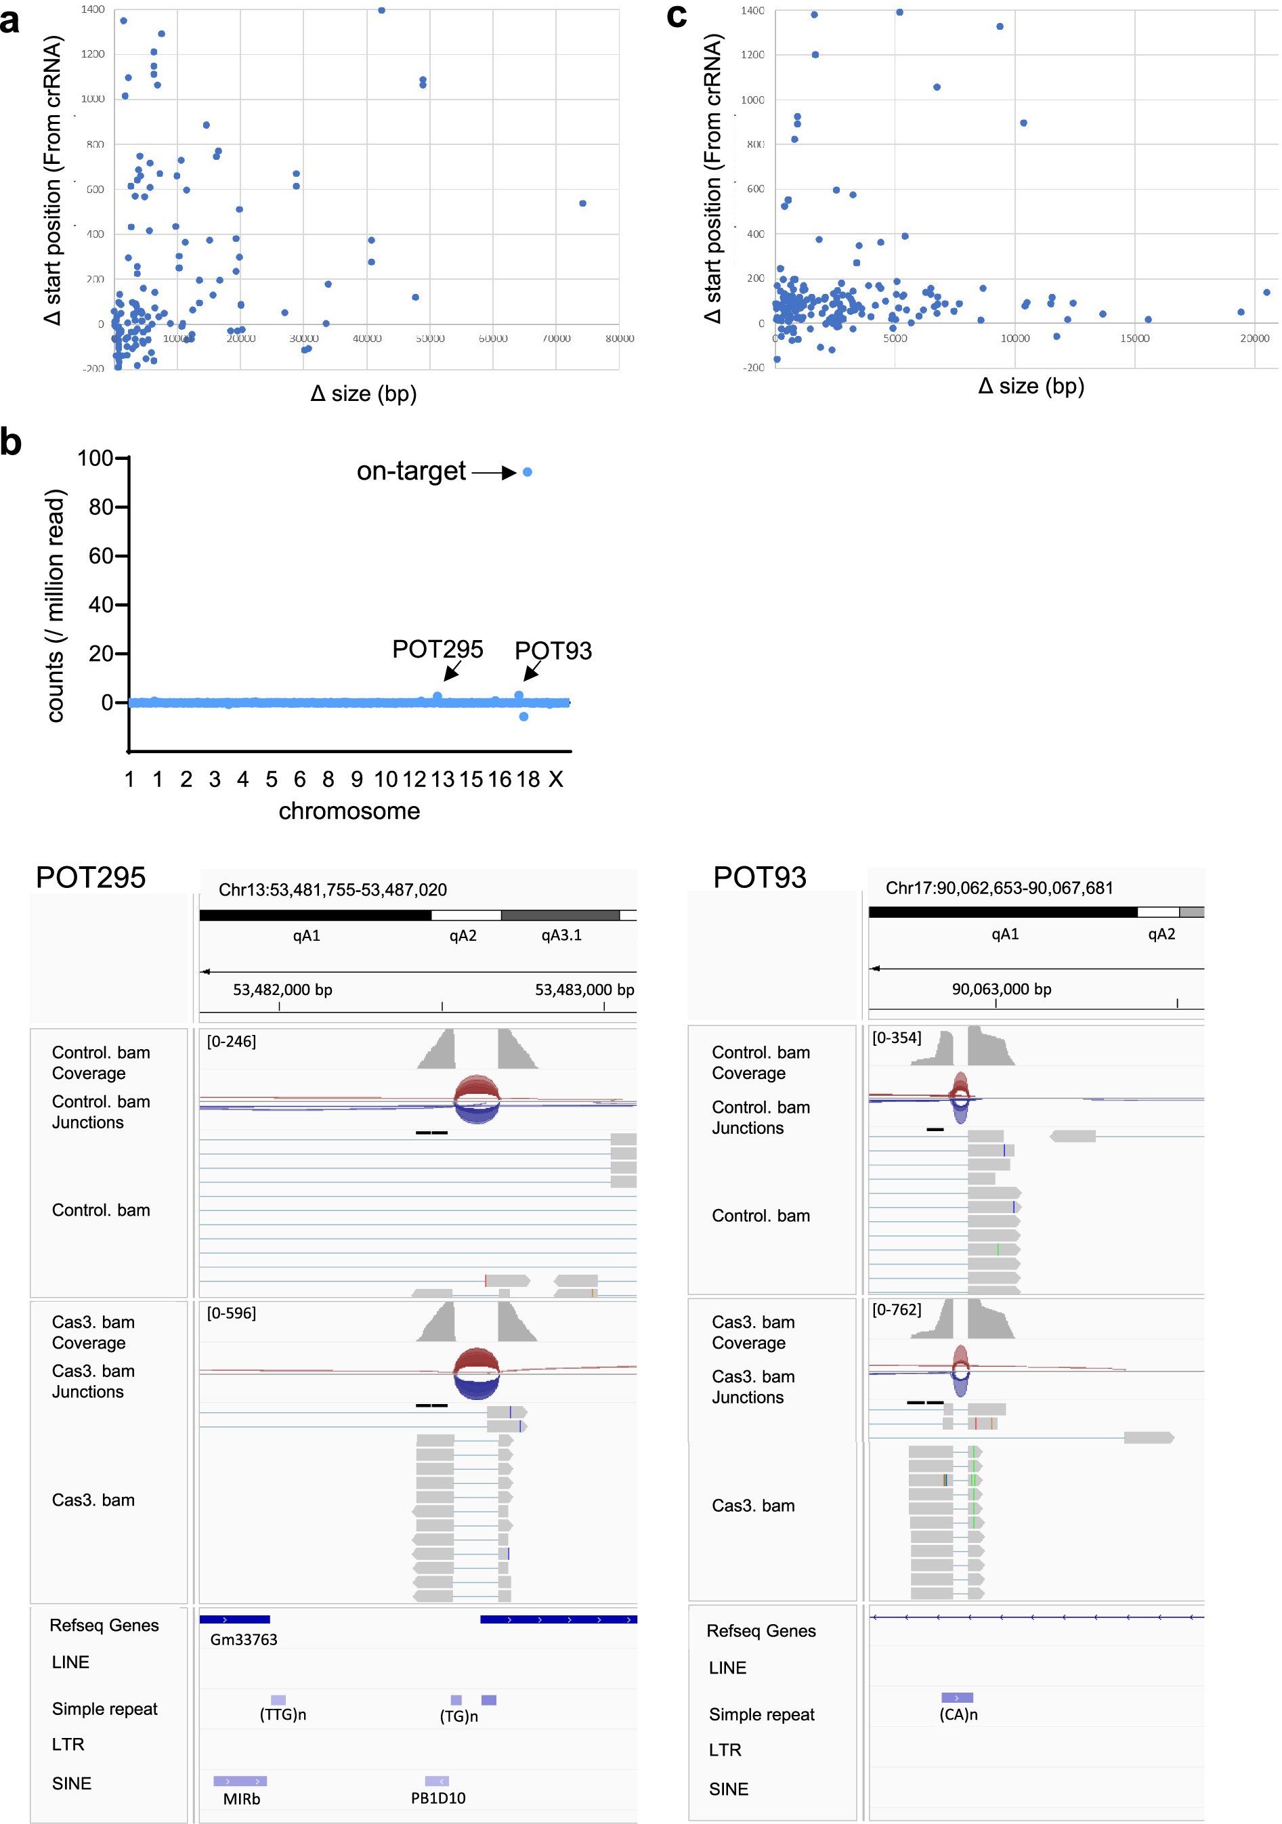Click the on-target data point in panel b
pyautogui.click(x=528, y=472)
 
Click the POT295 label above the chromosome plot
pyautogui.click(x=437, y=649)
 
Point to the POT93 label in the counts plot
pyautogui.click(x=553, y=651)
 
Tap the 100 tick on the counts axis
pyautogui.click(x=95, y=458)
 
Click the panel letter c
pyautogui.click(x=677, y=15)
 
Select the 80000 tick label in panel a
pyautogui.click(x=620, y=339)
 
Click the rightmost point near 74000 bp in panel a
pyautogui.click(x=583, y=203)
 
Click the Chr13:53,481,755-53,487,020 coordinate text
pyautogui.click(x=333, y=890)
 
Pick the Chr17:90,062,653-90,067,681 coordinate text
pyautogui.click(x=999, y=888)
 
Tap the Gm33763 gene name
pyautogui.click(x=244, y=1640)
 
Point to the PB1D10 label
pyautogui.click(x=437, y=1798)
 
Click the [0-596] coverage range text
pyautogui.click(x=231, y=1313)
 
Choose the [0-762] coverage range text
pyautogui.click(x=897, y=1310)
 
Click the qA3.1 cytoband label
pyautogui.click(x=561, y=935)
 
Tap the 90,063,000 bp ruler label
pyautogui.click(x=1002, y=989)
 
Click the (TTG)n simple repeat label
pyautogui.click(x=283, y=1714)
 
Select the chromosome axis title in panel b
pyautogui.click(x=349, y=811)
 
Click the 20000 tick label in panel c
pyautogui.click(x=1254, y=339)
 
